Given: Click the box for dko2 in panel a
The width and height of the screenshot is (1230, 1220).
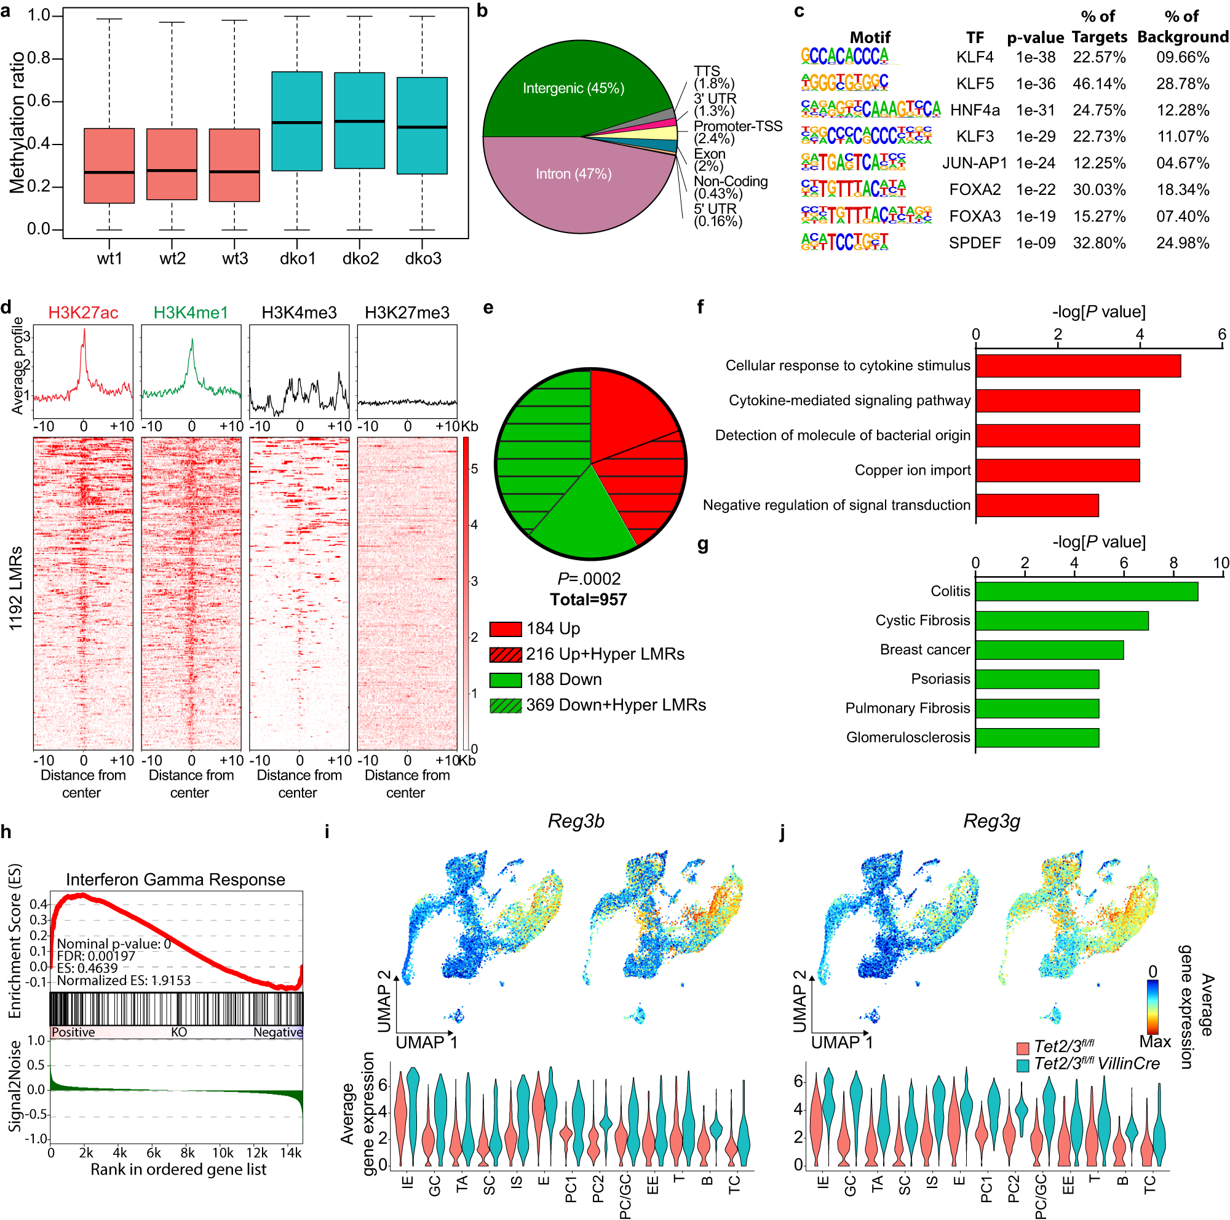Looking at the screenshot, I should [359, 121].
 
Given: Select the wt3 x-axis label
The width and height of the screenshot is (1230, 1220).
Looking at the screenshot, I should [234, 258].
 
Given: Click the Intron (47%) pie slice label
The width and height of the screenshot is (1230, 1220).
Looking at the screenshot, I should [573, 174].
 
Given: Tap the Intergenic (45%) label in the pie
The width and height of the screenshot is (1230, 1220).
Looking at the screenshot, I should [573, 88].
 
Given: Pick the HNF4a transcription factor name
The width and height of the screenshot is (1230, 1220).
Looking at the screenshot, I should [974, 110].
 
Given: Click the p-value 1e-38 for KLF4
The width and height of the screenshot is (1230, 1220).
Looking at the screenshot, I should [1035, 57].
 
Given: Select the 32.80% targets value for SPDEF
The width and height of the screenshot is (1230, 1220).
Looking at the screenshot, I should [1099, 243].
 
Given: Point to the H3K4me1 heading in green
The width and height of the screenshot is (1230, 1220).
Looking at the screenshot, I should [191, 312].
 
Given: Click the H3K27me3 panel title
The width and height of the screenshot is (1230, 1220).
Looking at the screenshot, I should [407, 312].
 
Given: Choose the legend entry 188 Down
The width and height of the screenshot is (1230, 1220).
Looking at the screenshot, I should [563, 679].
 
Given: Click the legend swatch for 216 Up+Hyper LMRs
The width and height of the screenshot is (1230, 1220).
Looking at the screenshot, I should [506, 654].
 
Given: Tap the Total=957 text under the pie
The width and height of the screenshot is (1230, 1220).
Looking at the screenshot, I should [589, 600].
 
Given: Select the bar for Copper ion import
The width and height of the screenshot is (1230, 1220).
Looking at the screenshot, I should [1057, 470].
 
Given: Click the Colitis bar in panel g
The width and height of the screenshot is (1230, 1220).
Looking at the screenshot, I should [1085, 591].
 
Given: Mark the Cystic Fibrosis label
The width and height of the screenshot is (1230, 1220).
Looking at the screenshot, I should [922, 620].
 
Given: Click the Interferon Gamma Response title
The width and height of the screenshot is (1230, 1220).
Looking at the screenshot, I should [176, 879].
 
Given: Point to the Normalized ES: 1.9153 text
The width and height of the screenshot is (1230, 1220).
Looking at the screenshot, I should [124, 980].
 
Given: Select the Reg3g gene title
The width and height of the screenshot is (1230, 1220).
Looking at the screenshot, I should [991, 821].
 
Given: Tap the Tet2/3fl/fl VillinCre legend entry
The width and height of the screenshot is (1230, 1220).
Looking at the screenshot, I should [1097, 1063].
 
